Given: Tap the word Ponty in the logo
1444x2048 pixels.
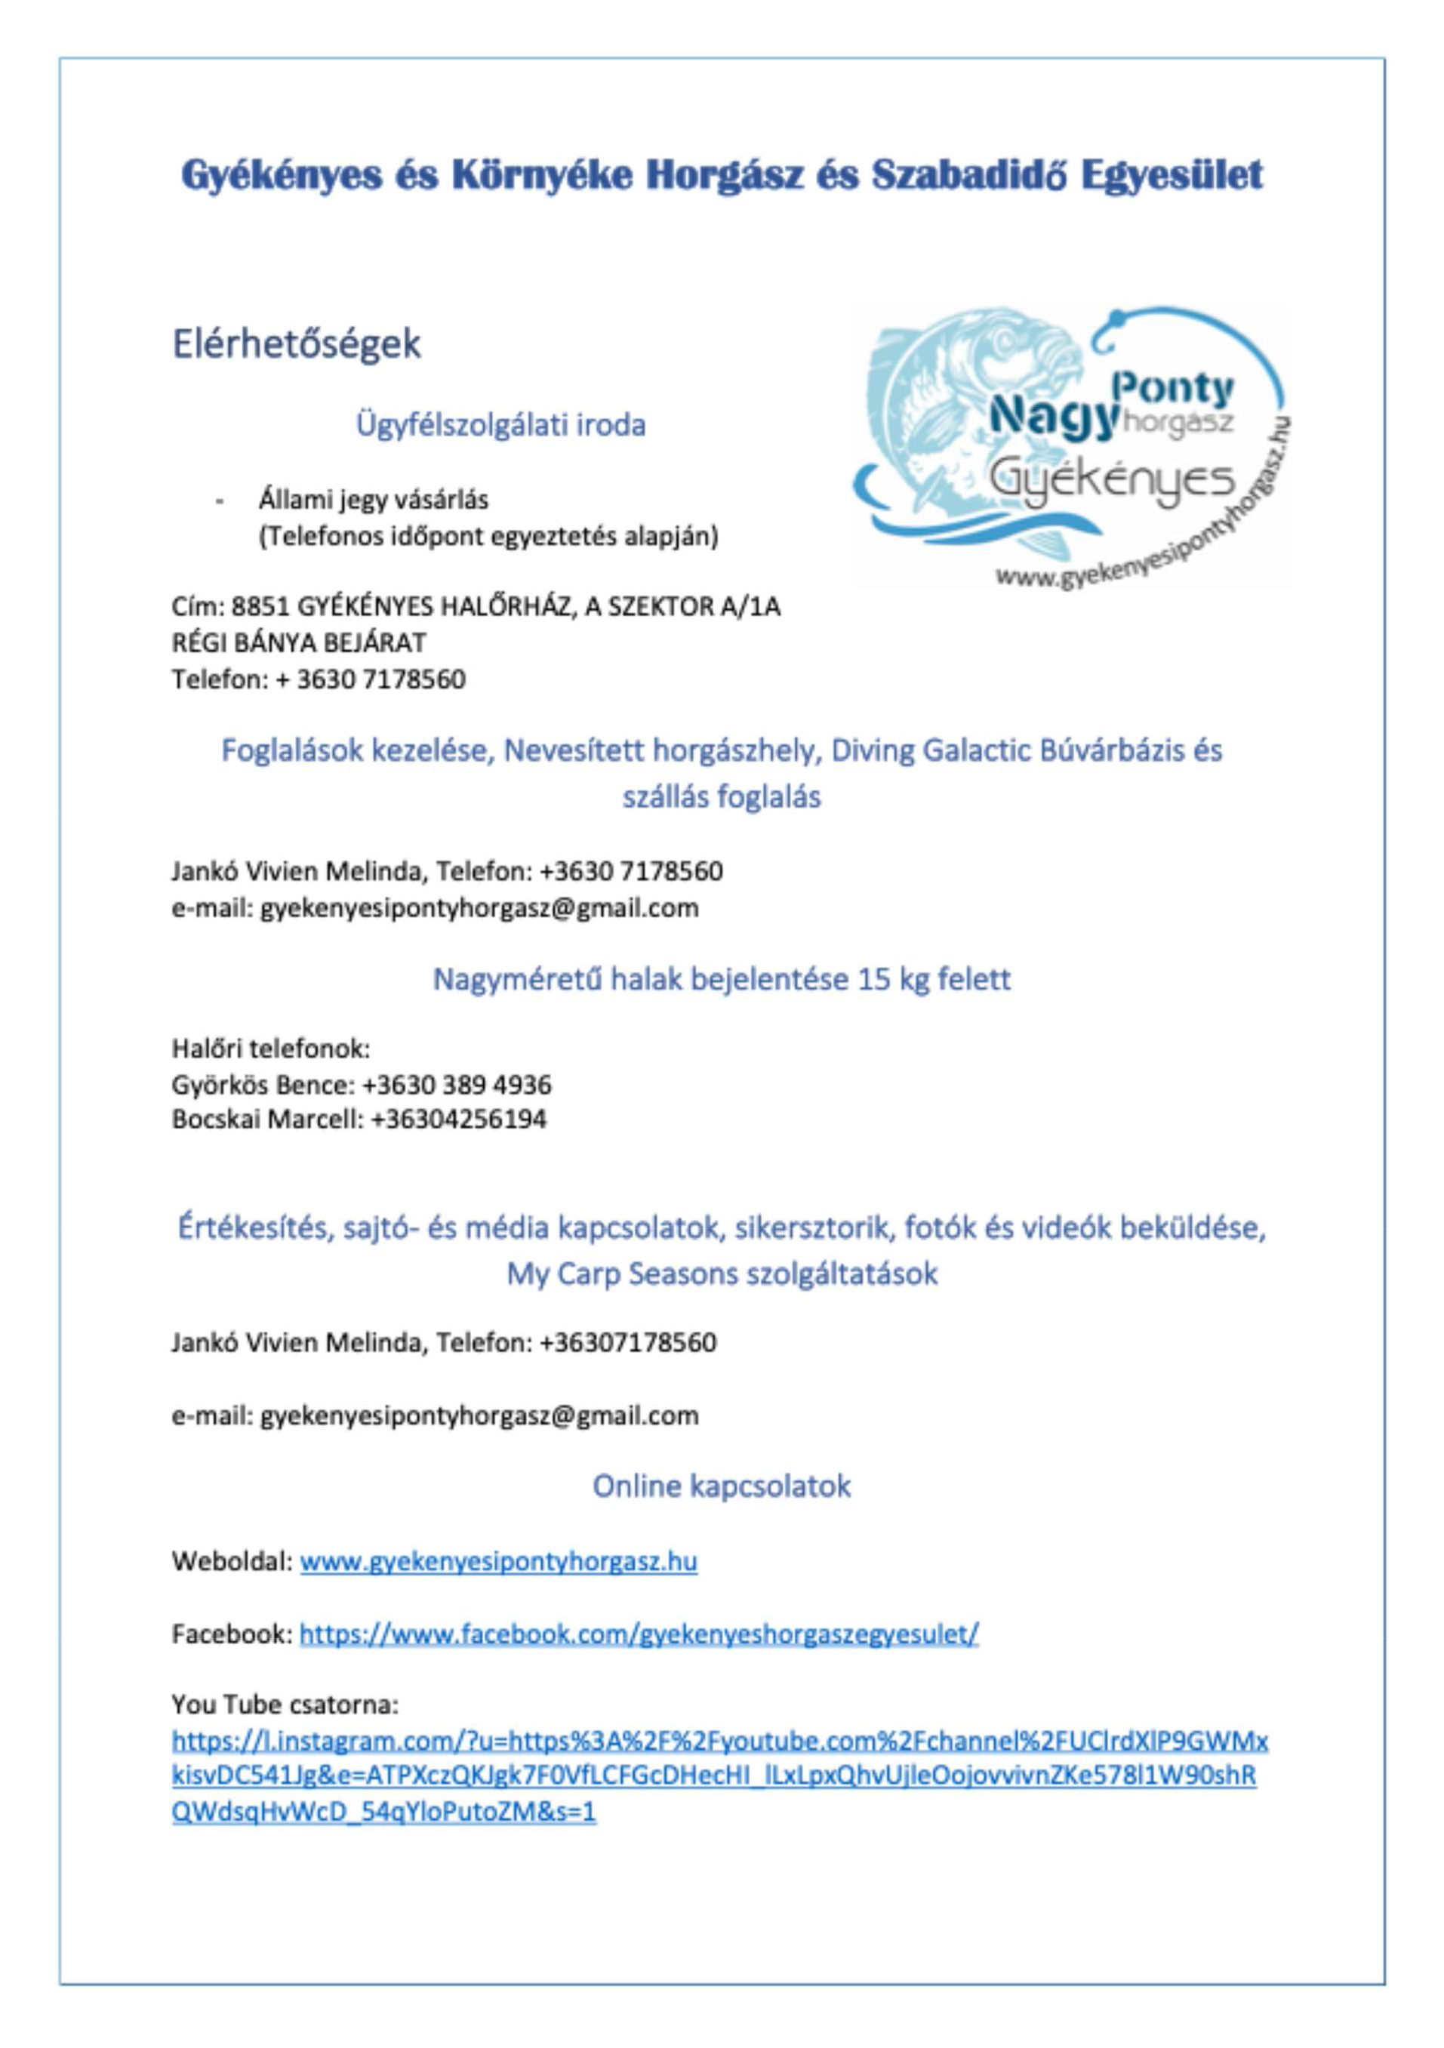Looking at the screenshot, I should click(x=1174, y=389).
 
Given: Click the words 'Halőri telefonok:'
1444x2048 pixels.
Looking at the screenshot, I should click(x=270, y=1048).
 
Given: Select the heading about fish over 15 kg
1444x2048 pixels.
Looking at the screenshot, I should click(x=721, y=979).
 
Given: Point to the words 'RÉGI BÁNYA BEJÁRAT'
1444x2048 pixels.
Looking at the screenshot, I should click(x=299, y=643).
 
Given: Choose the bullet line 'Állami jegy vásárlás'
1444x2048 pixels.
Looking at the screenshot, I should click(x=373, y=500).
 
